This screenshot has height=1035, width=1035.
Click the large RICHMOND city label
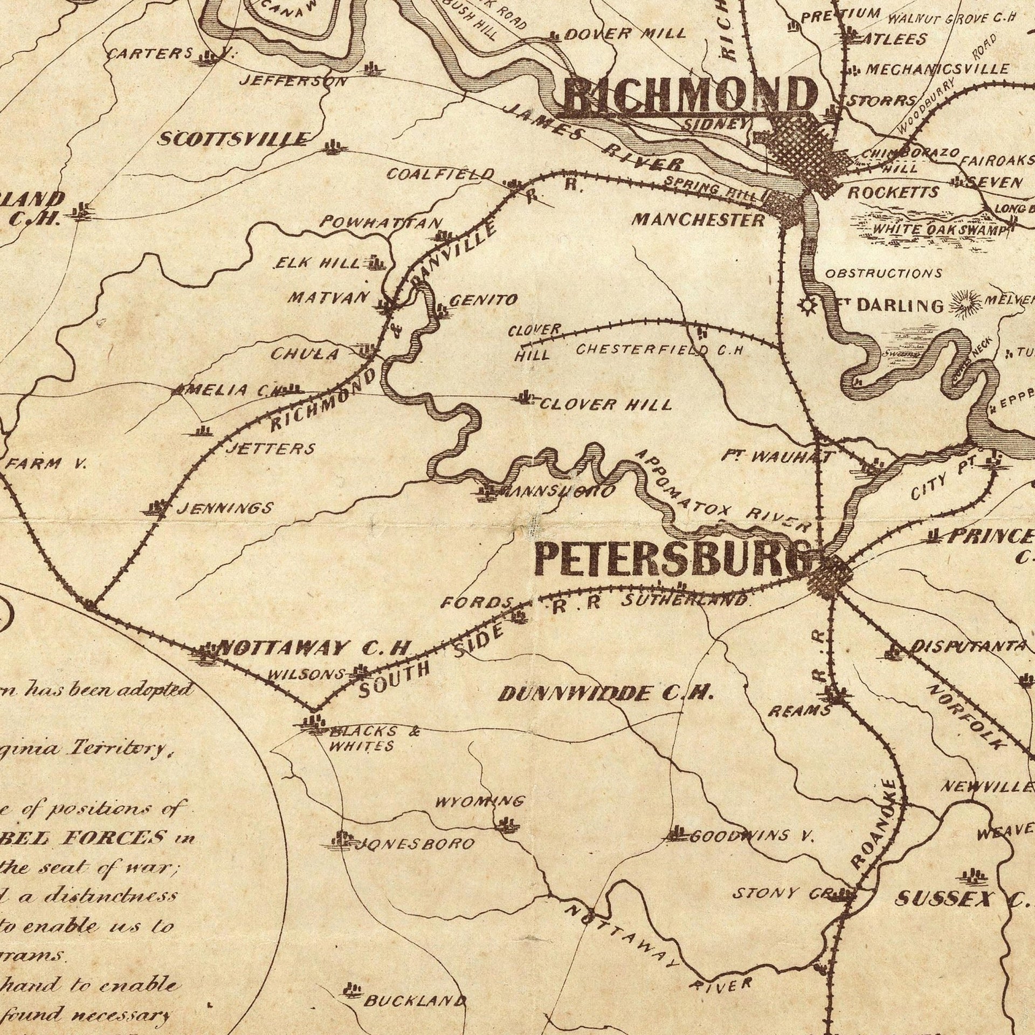690,96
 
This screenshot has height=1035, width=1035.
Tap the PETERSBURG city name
674,560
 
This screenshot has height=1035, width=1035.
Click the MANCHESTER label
698,219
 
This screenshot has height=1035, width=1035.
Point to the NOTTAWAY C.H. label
314,648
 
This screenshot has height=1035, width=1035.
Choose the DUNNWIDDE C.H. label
606,694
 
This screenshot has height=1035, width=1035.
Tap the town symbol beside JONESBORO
342,839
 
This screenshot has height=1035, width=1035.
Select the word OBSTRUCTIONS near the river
884,273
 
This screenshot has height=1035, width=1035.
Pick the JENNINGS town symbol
157,507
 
